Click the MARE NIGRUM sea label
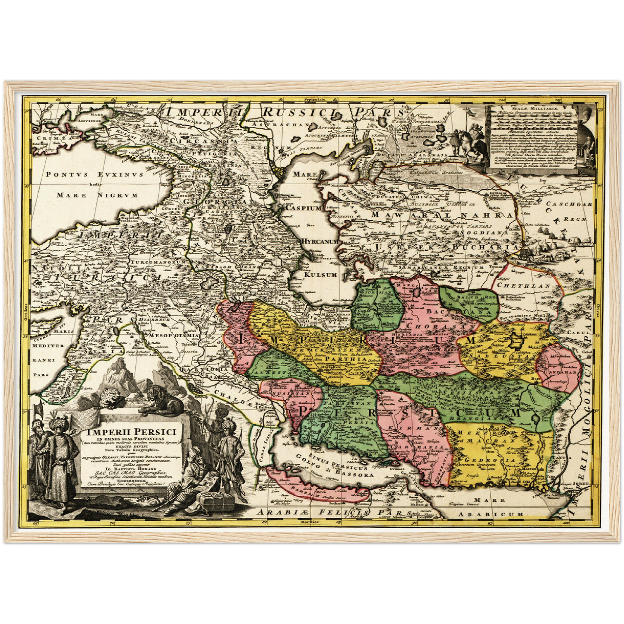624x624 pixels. click(97, 195)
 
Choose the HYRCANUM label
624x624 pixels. click(320, 241)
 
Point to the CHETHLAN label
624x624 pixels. click(523, 285)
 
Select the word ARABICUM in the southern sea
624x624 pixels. click(491, 514)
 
